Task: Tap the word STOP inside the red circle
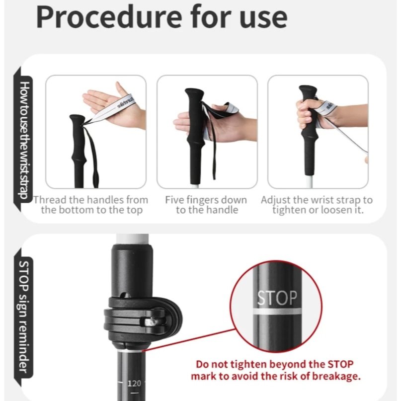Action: point(277,298)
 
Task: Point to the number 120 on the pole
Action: point(134,383)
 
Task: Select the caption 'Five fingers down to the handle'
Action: point(206,205)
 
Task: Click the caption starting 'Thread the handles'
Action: point(91,205)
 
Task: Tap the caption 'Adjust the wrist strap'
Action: point(317,205)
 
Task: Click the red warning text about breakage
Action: point(275,370)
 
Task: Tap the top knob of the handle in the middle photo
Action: point(195,95)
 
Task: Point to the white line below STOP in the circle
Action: point(277,311)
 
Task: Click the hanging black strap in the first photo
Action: point(92,154)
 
